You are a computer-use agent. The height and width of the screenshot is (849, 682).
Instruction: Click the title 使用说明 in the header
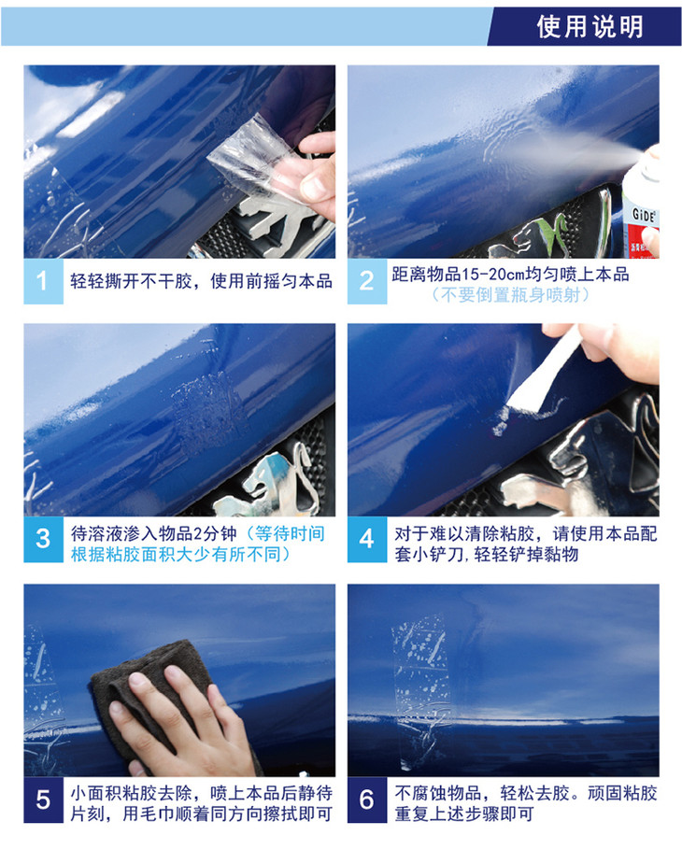tap(590, 26)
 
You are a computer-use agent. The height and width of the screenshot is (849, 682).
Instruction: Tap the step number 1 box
tap(43, 281)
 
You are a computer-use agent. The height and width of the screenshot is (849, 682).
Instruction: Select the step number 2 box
tap(367, 281)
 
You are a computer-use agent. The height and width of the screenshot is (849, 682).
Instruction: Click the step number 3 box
tap(43, 539)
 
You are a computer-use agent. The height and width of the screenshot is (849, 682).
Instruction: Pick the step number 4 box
tap(367, 539)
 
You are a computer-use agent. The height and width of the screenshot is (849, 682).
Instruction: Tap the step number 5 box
tap(43, 800)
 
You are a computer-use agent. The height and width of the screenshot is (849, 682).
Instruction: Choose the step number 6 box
tap(367, 800)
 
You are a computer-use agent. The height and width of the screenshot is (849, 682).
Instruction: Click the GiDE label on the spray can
tap(644, 215)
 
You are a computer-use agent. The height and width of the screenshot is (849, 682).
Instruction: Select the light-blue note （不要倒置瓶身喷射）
tap(510, 295)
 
